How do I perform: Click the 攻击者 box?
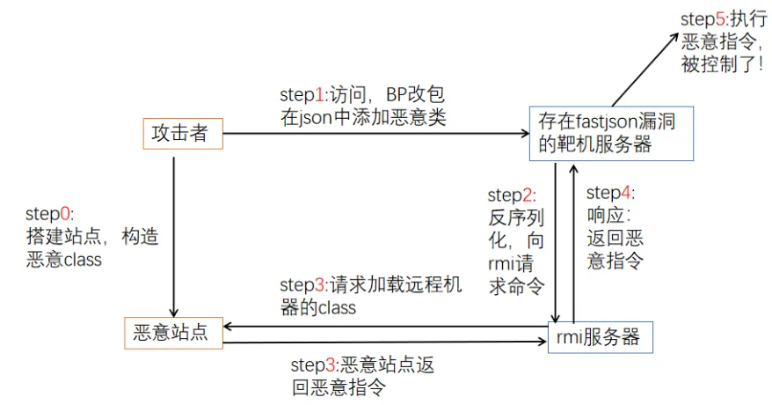coord(179,134)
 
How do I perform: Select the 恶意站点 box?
coord(171,333)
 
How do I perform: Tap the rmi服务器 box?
coord(601,336)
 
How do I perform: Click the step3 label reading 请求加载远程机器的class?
coord(369,296)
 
